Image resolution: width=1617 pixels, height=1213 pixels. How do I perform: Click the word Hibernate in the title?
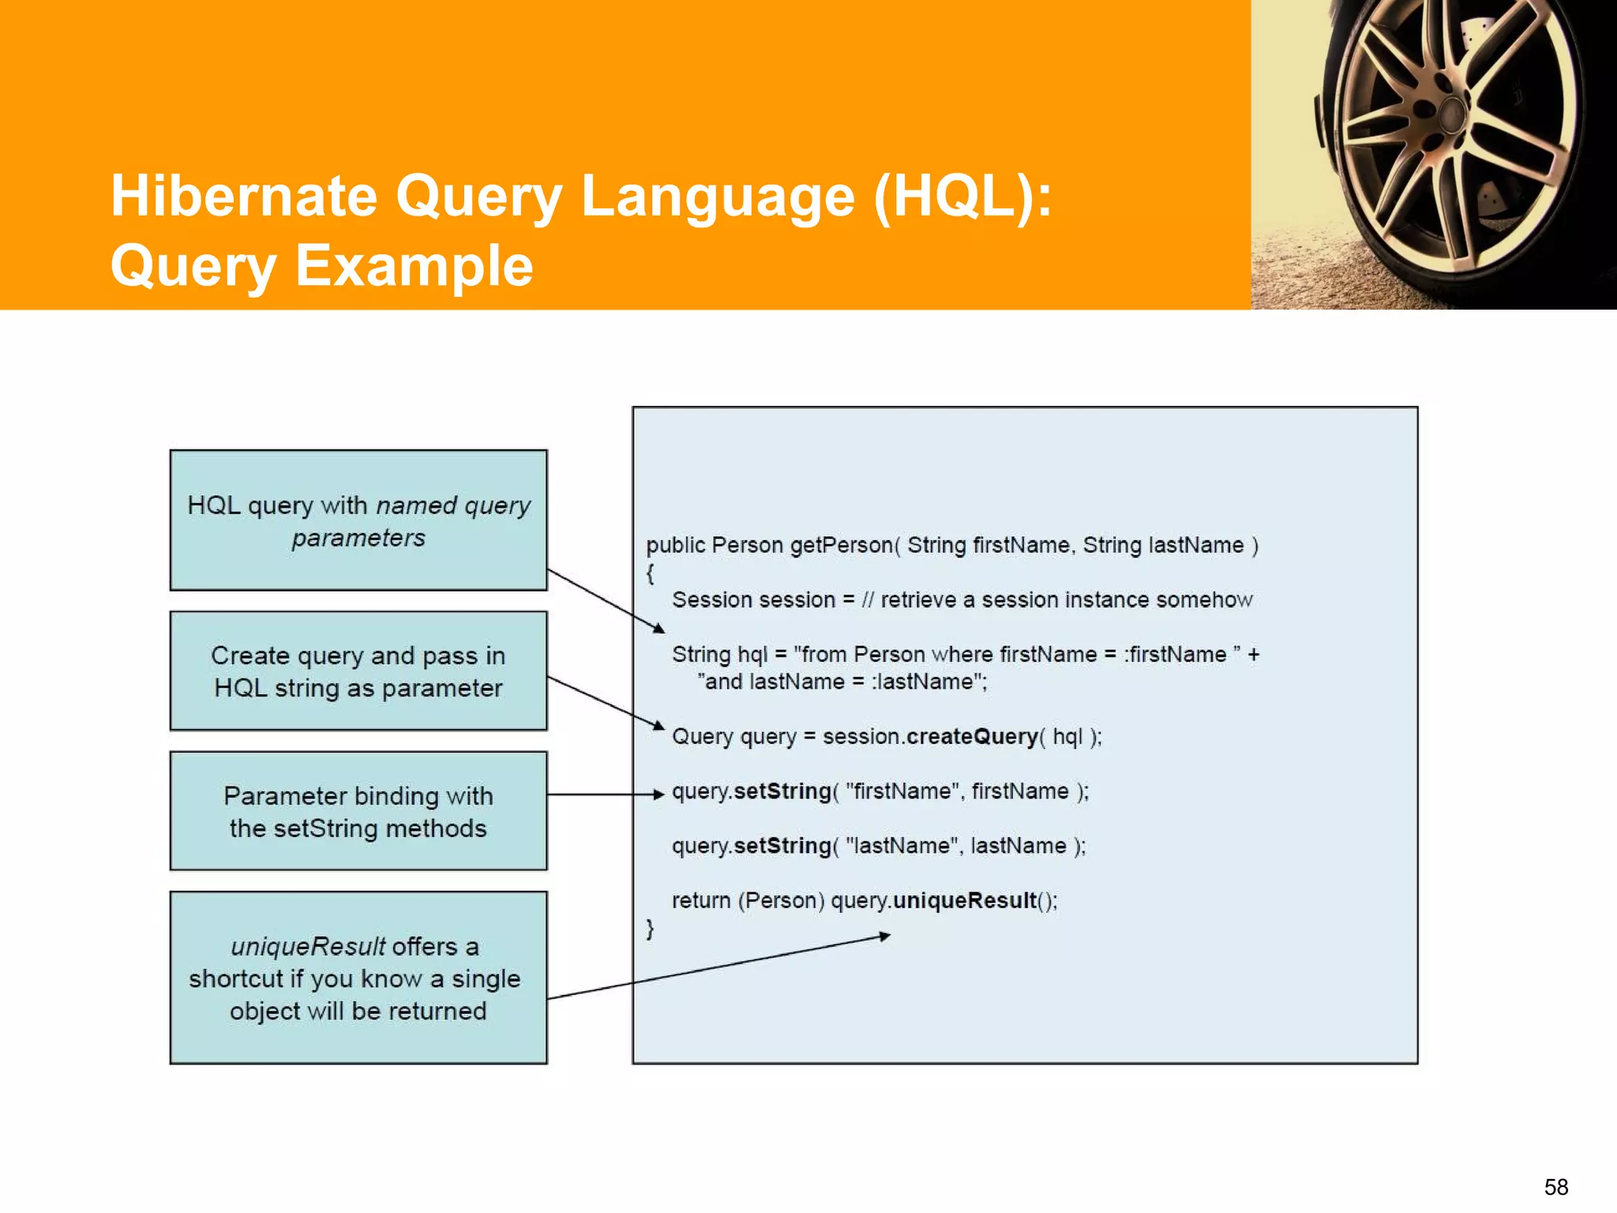tap(244, 196)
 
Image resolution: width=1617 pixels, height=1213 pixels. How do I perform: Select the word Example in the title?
tap(414, 265)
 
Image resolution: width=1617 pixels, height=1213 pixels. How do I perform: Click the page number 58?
tap(1555, 1187)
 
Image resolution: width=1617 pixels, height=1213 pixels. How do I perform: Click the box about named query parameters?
tap(358, 520)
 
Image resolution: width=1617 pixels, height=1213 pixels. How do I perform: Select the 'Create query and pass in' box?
tap(358, 671)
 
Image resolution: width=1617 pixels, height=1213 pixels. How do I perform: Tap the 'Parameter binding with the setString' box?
tap(358, 811)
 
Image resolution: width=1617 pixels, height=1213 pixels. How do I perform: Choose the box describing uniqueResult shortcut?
tap(358, 978)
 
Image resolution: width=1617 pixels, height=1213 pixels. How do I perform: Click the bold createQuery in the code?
tap(972, 737)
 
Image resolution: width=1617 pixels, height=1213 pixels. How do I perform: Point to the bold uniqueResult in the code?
tap(964, 900)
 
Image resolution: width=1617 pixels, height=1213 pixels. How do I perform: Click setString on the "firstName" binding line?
tap(782, 791)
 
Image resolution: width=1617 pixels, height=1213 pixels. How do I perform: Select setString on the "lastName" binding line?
tap(782, 846)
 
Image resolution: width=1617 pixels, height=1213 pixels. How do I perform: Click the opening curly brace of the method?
tap(650, 573)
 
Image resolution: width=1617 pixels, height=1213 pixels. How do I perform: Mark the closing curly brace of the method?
tap(650, 928)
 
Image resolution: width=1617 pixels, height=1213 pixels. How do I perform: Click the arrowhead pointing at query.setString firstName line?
tap(659, 794)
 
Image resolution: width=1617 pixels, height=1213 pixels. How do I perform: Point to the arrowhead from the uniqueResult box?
tap(885, 937)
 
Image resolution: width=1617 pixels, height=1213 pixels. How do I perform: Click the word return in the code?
tap(700, 900)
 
